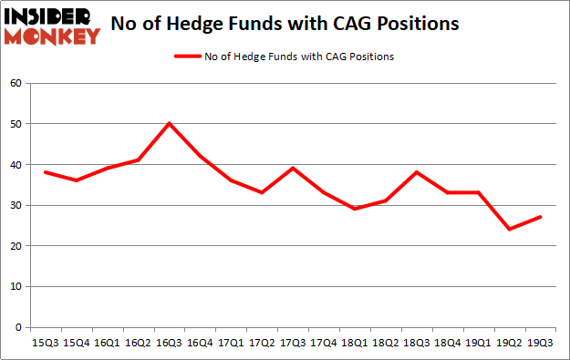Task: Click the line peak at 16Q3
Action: [170, 123]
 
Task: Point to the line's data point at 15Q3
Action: [46, 172]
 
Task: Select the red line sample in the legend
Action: [189, 57]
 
